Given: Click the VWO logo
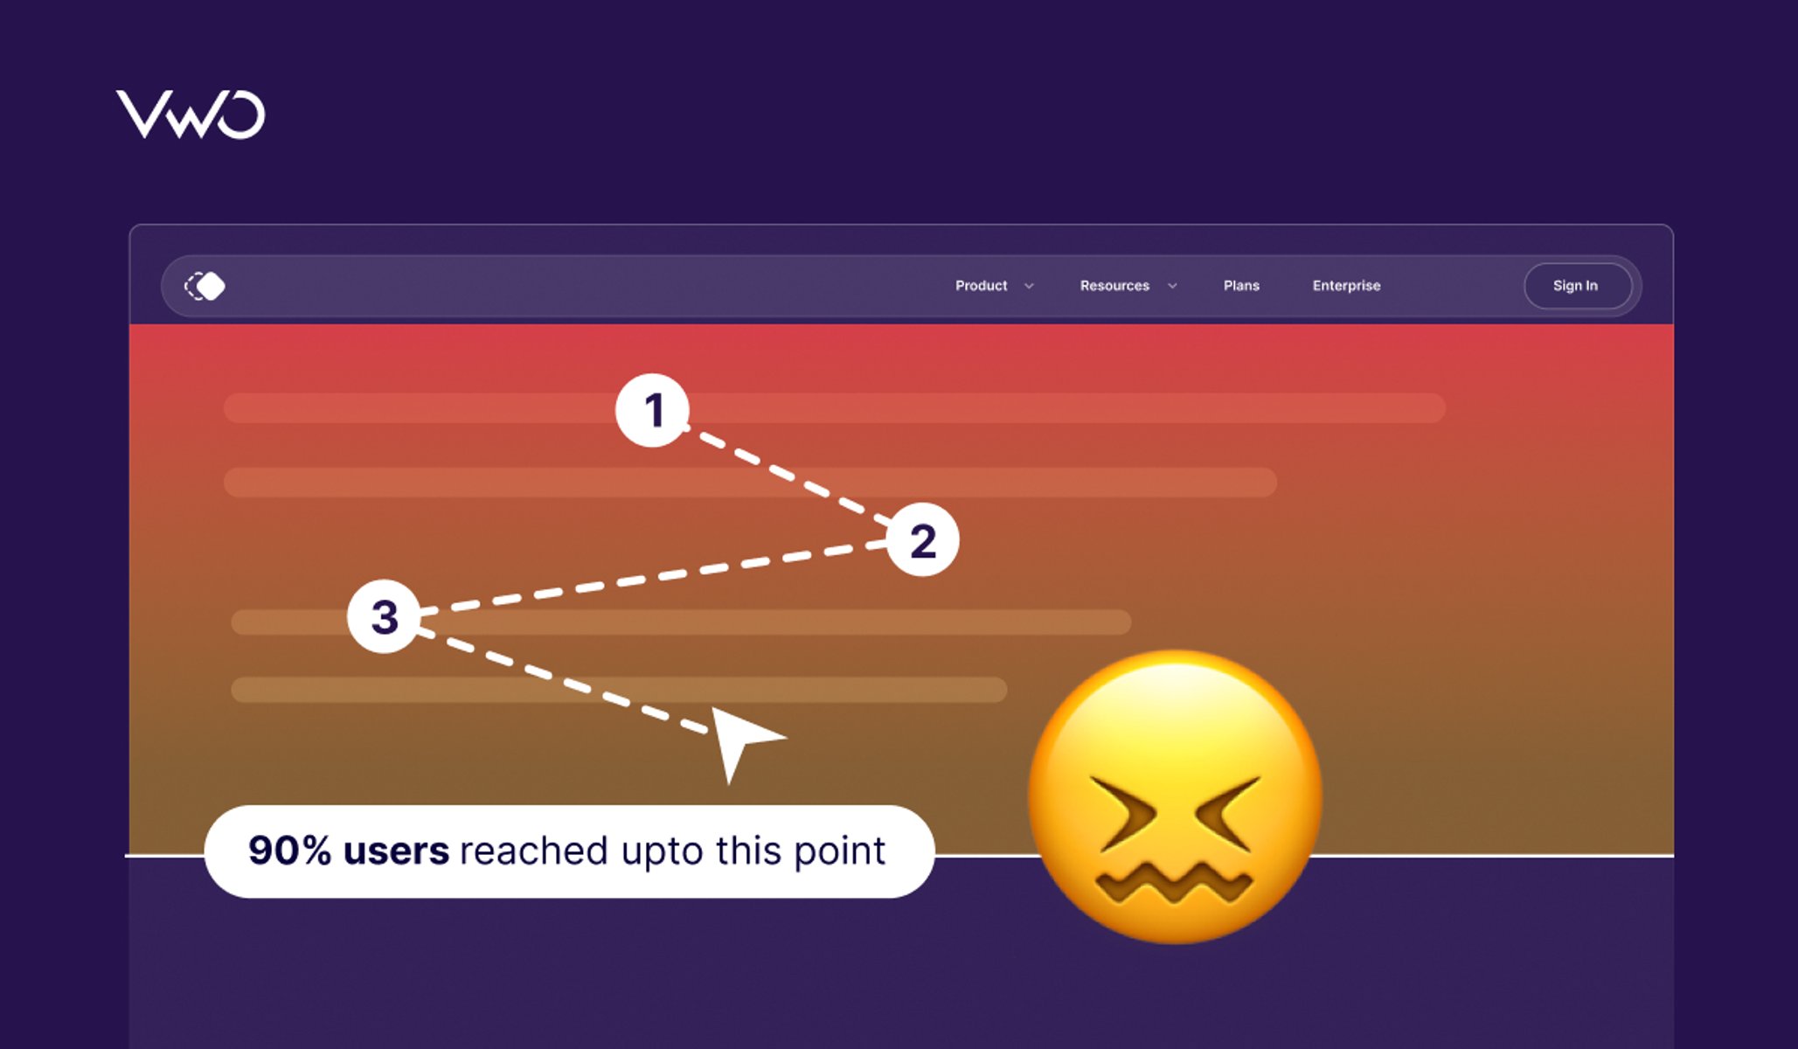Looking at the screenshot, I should coord(191,115).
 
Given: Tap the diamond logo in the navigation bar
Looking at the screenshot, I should coord(205,286).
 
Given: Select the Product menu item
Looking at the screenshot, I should coord(981,286).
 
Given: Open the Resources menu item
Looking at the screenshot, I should coord(1114,286).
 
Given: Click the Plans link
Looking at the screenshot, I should coord(1241,286).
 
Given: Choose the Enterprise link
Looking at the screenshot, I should coord(1346,286).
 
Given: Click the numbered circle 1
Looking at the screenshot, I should coord(653,410).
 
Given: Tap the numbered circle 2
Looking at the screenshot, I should coord(923,540).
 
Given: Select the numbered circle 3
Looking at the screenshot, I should coord(385,616).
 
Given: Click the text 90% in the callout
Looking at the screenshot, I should coord(289,851).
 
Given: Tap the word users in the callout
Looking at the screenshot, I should coord(397,851).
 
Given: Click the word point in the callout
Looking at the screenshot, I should coord(840,851).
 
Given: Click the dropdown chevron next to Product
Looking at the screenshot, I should coord(1030,286).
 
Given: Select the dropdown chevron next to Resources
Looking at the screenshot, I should coord(1173,286).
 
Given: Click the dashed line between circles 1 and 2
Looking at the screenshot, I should coord(787,476).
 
